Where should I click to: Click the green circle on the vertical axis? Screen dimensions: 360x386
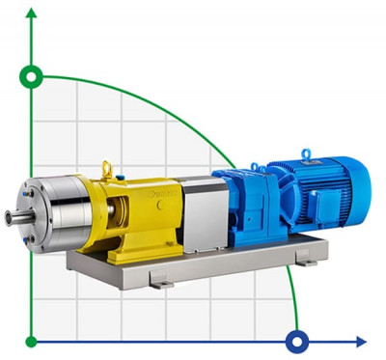pyautogui.click(x=32, y=75)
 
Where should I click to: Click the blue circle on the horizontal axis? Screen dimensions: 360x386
pyautogui.click(x=297, y=341)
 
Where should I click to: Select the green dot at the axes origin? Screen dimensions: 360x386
pyautogui.click(x=32, y=341)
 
